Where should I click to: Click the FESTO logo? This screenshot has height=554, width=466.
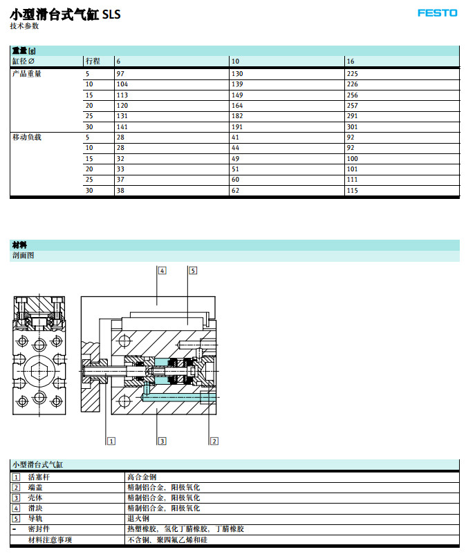(437, 12)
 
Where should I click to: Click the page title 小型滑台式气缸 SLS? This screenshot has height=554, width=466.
(65, 13)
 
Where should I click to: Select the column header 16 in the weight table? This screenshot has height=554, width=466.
(351, 61)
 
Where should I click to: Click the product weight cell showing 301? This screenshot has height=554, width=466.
(353, 126)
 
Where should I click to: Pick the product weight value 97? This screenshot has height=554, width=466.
(120, 73)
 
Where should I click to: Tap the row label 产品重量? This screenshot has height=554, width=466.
(27, 73)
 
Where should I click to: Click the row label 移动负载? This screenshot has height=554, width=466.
(27, 137)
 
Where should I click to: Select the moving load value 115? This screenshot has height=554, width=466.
(353, 190)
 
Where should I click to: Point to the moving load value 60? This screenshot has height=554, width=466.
(236, 179)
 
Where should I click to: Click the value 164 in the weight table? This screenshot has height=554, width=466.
(237, 105)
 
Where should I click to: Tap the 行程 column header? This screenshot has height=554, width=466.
(93, 61)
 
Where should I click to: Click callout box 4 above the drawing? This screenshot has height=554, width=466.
(162, 270)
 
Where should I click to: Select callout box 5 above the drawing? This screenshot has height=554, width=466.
(193, 270)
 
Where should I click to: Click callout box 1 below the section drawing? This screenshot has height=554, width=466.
(110, 440)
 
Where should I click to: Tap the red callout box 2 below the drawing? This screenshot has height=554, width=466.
(214, 440)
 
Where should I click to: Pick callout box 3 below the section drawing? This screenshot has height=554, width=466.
(162, 440)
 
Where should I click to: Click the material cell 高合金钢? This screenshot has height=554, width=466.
(142, 477)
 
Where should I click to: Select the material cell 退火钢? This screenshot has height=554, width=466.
(138, 518)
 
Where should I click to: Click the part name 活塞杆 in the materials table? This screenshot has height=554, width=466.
(39, 477)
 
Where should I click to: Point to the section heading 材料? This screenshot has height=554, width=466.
(19, 245)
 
